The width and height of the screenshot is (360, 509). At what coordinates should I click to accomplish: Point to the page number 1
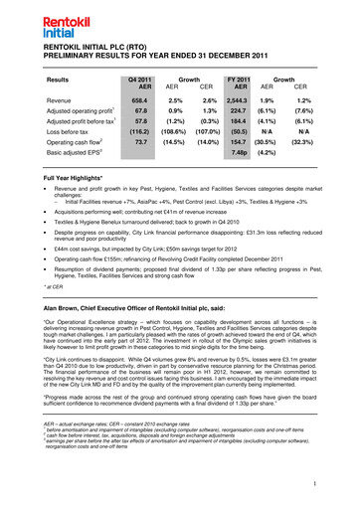340,483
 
